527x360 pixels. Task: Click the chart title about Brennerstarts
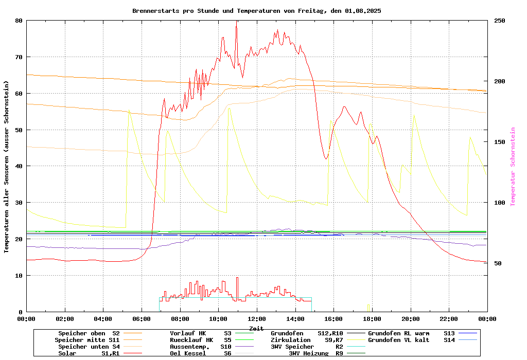(256, 10)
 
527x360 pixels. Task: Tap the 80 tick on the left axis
(19, 21)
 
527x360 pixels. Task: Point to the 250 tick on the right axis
(500, 21)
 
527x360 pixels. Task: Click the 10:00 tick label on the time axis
(218, 319)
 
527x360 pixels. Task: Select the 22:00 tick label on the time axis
(449, 319)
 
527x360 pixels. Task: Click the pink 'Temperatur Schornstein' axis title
(513, 167)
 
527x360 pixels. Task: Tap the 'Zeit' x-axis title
(256, 328)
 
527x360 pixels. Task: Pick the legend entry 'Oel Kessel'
(188, 353)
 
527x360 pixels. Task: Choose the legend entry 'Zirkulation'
(291, 340)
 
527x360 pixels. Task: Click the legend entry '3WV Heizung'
(309, 353)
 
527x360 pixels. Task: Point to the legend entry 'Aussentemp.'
(189, 347)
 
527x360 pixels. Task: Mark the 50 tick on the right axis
(498, 263)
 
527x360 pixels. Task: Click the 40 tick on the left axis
(19, 166)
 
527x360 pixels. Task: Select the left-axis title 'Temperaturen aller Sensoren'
(7, 167)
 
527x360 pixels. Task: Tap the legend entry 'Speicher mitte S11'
(87, 340)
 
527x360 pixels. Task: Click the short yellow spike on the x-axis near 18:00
(368, 308)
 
